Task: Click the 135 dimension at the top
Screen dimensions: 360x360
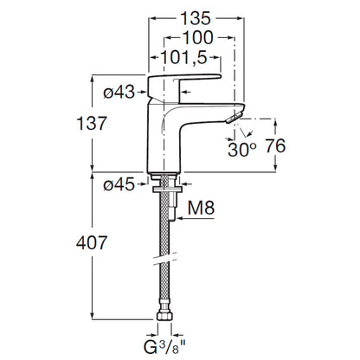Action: coord(196,18)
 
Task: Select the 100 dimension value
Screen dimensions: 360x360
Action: coord(198,38)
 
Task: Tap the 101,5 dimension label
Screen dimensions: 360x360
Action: coord(183,57)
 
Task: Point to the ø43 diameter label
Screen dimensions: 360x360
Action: coord(119,93)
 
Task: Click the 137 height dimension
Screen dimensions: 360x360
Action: coord(92,124)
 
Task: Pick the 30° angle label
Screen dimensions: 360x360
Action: coord(241,150)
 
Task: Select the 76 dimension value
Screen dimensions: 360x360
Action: coord(275,146)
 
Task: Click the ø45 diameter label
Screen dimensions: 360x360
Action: coord(119,184)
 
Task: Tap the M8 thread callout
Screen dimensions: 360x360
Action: coord(201,208)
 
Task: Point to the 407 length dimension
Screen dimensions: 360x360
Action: coord(92,243)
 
